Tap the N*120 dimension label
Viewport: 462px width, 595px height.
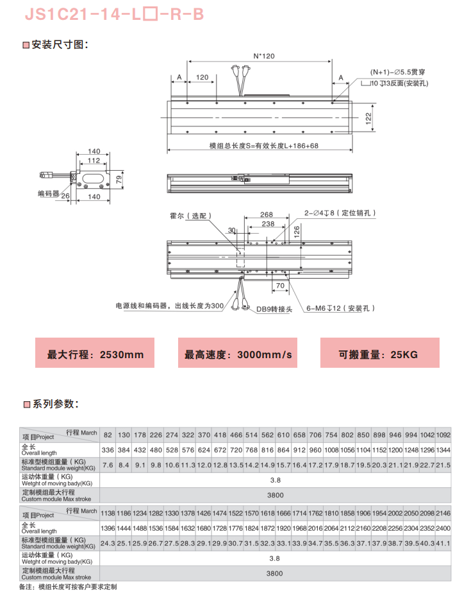263,56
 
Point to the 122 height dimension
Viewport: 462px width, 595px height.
368,117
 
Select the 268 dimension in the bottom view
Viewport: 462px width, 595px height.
267,215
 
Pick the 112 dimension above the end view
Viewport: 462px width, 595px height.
94,161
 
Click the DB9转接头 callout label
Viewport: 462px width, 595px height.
274,309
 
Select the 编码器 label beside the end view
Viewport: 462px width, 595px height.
49,193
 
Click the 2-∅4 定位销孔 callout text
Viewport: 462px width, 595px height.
340,212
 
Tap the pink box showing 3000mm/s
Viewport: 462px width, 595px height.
238,354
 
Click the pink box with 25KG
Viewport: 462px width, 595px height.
379,354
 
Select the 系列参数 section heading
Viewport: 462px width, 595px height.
55,404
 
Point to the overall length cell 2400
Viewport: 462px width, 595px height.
443,528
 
